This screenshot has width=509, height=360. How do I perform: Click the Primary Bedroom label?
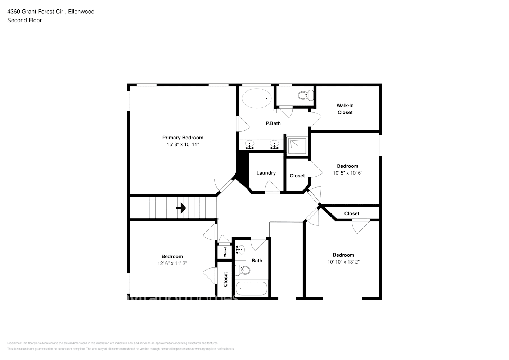pos(183,138)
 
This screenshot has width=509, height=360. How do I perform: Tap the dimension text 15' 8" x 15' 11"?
pos(183,144)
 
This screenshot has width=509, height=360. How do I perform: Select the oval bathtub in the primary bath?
pos(257,98)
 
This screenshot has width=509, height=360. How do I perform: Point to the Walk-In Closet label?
pos(345,109)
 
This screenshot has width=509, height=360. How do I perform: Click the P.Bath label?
pos(273,123)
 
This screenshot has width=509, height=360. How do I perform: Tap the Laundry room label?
pos(266,173)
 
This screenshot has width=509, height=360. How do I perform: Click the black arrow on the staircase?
pos(181,208)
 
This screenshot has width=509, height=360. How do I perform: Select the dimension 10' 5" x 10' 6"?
pos(347,173)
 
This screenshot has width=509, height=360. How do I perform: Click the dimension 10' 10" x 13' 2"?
pos(343,262)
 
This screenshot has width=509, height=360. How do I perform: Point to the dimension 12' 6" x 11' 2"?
pos(172,263)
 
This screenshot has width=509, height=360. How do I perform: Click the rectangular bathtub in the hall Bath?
pos(251,288)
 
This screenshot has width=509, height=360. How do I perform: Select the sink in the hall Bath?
pos(240,249)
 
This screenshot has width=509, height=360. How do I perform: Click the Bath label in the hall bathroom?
pos(257,261)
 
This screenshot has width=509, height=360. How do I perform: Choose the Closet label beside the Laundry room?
pos(297,176)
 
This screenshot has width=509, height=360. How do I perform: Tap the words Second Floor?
pos(24,20)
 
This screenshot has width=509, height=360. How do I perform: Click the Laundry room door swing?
pos(272,186)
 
